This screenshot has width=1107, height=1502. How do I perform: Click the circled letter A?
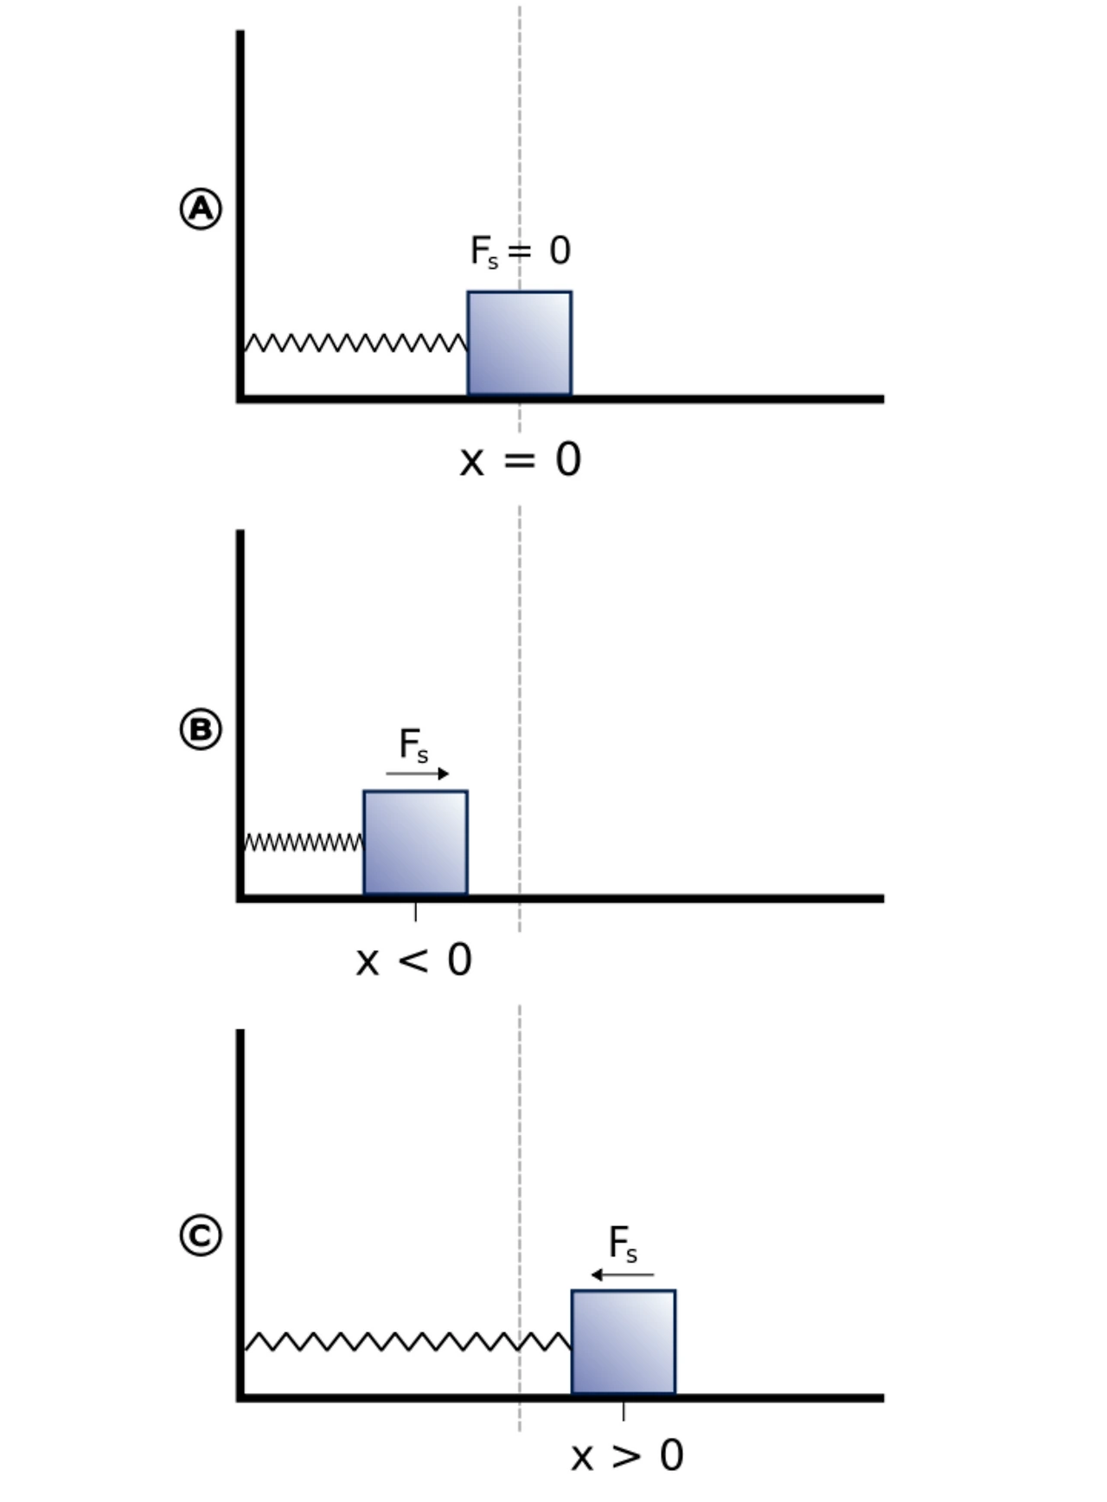click(x=201, y=209)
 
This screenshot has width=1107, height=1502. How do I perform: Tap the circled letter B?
click(x=201, y=729)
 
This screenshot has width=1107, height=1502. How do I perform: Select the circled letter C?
click(x=201, y=1236)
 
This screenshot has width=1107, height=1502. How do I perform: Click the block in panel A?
click(x=520, y=343)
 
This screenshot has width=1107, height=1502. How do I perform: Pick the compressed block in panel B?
click(x=415, y=843)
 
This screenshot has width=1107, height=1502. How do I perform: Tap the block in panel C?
click(x=624, y=1342)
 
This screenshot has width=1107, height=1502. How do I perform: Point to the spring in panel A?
click(x=355, y=343)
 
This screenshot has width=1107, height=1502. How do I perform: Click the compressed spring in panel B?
click(x=304, y=842)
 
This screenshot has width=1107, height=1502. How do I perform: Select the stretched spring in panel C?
click(x=407, y=1342)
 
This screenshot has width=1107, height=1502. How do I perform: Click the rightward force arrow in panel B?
click(x=418, y=773)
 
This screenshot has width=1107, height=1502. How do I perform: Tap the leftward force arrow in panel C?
click(x=623, y=1274)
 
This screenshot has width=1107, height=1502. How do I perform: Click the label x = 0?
click(x=520, y=460)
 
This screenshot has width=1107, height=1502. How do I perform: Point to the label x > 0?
click(x=627, y=1456)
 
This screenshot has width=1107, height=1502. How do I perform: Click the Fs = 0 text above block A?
click(x=520, y=252)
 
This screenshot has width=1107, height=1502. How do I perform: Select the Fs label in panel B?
click(x=413, y=745)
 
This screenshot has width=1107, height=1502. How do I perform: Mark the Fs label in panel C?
click(x=623, y=1244)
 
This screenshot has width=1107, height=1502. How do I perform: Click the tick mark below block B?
click(x=415, y=912)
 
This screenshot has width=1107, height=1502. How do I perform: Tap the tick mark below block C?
click(x=624, y=1411)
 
